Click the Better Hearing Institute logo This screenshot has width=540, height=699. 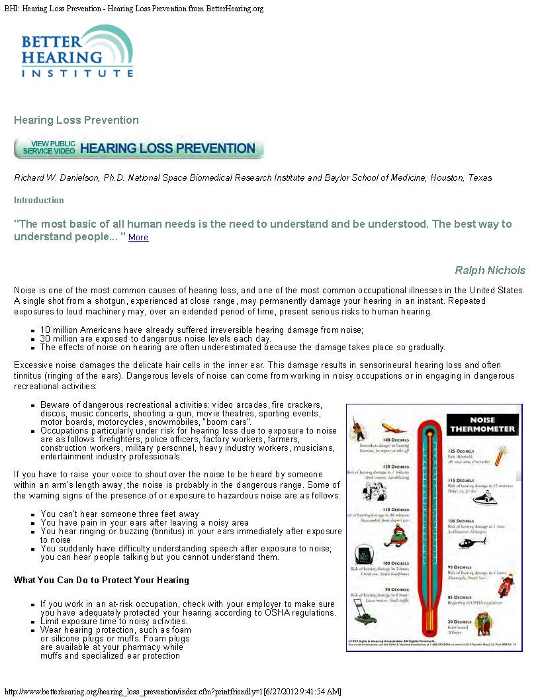(77, 52)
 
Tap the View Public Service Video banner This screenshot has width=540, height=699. (139, 148)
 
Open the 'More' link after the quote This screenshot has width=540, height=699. (138, 238)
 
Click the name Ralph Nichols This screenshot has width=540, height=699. (490, 270)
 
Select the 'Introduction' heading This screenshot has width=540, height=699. (39, 200)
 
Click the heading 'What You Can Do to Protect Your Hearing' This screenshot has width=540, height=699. (101, 581)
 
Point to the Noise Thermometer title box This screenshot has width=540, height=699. (482, 424)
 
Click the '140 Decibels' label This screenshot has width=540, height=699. (395, 439)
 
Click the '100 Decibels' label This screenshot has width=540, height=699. (396, 563)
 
